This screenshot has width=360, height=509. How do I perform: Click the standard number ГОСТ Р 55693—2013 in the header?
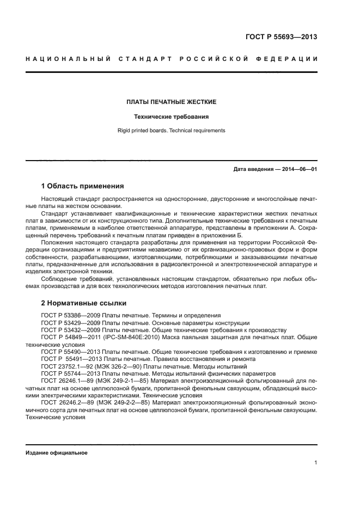click(281, 38)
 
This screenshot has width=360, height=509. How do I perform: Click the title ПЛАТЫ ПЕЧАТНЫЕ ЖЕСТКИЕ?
click(172, 102)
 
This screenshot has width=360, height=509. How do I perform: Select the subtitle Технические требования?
click(172, 116)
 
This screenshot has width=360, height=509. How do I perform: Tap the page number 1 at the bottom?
click(316, 463)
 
